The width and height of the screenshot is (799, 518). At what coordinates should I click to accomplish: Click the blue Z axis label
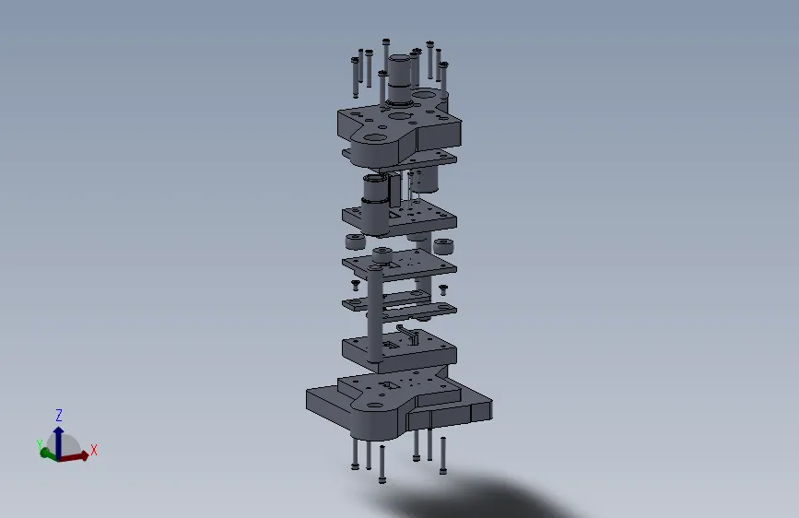coord(59,415)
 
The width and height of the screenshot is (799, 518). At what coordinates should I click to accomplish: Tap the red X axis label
coord(94,450)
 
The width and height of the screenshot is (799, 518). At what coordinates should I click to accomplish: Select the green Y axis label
coord(40,443)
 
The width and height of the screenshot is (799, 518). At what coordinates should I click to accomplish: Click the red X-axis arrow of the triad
coord(79,454)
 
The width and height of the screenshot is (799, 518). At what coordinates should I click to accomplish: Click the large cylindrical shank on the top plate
coord(399,78)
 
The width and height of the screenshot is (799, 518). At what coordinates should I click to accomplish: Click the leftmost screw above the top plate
coord(354,76)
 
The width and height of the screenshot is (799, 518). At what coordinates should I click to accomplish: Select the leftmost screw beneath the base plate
coord(355,453)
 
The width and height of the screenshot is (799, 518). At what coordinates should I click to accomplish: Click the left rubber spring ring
coord(354,243)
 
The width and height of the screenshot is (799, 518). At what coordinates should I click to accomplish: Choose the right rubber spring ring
coord(444,247)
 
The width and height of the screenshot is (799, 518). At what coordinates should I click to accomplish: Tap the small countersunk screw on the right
coord(442,288)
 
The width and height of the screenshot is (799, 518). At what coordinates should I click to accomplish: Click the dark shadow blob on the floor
coord(479,498)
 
